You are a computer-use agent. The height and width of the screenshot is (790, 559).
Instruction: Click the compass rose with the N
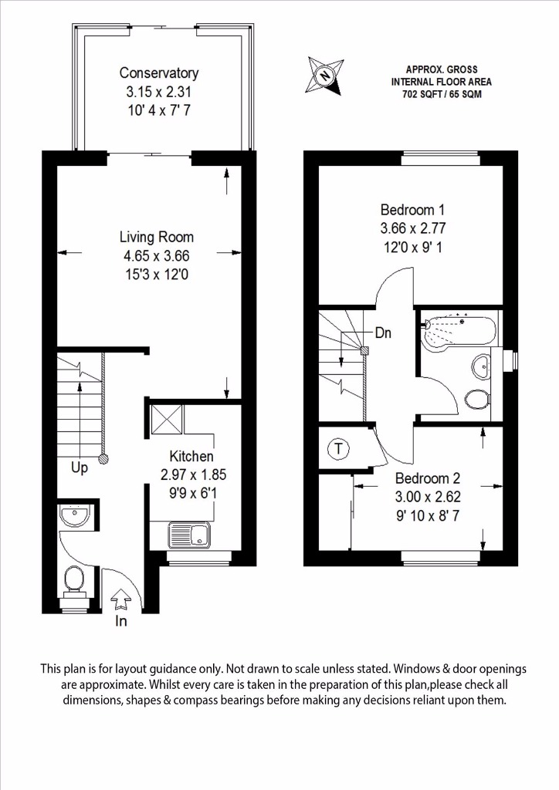[326, 76]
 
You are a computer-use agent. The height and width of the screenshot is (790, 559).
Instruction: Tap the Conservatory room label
[159, 73]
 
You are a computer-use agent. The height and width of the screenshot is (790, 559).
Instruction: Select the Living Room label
[156, 237]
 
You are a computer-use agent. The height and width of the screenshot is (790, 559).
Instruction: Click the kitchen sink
[189, 535]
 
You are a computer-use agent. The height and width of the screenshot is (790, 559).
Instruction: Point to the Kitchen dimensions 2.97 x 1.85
[193, 474]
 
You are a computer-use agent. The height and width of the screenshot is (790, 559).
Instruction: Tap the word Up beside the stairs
[79, 468]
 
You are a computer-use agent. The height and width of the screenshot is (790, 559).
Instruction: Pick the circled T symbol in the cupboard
[339, 448]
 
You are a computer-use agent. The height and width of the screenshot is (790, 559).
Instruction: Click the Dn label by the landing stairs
[383, 333]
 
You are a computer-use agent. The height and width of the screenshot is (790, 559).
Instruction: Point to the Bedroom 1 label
[412, 210]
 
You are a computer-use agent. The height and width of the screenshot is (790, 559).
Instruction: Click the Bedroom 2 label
[428, 478]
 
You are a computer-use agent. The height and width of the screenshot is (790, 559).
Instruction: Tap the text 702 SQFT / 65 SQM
[442, 93]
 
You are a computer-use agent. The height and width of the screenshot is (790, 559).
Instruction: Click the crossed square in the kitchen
[167, 418]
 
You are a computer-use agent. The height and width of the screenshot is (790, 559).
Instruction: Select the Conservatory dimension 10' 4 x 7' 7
[159, 110]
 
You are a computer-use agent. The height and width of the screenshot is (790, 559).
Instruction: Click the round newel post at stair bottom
[103, 459]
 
